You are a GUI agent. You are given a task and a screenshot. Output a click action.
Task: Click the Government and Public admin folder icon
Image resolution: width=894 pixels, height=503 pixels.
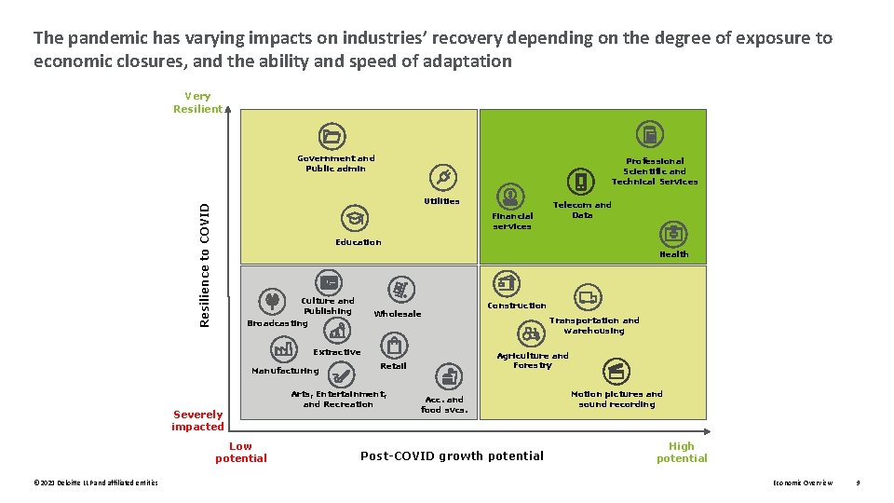point(331,137)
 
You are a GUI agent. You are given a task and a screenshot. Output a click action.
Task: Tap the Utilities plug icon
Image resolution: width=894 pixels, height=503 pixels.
point(443,177)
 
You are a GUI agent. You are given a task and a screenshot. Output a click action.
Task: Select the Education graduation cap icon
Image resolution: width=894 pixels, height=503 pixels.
point(354,219)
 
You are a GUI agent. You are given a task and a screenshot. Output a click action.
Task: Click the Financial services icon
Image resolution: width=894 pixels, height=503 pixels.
point(510,197)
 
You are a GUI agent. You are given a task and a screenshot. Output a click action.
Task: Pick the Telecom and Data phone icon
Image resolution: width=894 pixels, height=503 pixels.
point(581,182)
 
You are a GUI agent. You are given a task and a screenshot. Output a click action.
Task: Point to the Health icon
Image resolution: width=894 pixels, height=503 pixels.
point(672,234)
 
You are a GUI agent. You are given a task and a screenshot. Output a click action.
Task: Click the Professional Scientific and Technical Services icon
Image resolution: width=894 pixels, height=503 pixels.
point(650,136)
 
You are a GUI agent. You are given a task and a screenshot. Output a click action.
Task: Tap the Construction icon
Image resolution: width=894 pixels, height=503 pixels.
point(507,283)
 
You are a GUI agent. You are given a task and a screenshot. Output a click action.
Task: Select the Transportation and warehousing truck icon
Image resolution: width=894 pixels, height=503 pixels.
point(588,298)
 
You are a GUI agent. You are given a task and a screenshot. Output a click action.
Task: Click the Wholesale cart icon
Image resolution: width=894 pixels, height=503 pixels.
point(400,291)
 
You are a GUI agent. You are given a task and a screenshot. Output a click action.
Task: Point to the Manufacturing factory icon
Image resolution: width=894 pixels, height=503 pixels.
point(283,349)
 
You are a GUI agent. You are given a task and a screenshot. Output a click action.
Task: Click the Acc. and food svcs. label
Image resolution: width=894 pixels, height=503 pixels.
point(443,405)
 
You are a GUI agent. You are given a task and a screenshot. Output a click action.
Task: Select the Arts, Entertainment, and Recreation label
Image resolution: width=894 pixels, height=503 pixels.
point(338,400)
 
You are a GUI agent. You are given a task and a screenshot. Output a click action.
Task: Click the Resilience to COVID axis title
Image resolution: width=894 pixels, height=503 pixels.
point(205,264)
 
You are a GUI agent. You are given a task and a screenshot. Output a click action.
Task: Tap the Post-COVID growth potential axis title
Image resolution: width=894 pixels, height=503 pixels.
point(452,455)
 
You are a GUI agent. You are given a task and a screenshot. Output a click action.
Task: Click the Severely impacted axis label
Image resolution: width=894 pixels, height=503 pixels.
point(197,420)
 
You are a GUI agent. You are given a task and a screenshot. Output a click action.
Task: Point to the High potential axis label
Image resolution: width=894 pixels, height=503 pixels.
point(682,452)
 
